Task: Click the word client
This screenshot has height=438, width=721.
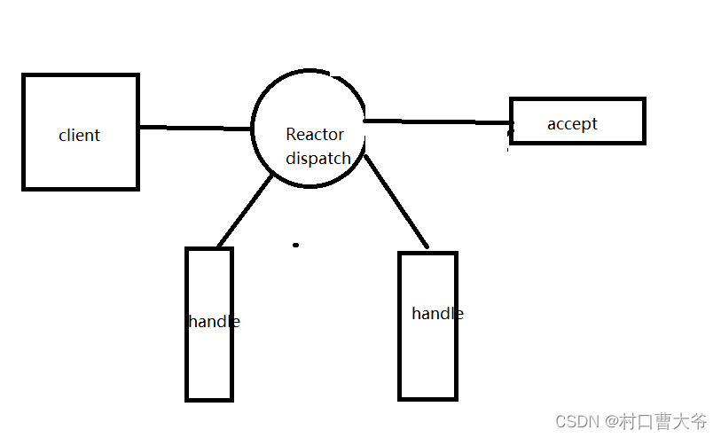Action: click(x=79, y=136)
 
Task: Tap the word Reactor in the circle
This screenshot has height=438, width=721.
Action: click(x=314, y=135)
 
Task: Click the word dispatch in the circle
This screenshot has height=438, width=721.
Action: click(x=317, y=159)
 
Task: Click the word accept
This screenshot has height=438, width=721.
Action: click(x=572, y=124)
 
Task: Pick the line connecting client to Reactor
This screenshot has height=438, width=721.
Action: click(x=195, y=129)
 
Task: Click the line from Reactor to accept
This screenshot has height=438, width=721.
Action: click(x=435, y=121)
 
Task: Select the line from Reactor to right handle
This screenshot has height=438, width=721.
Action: click(x=396, y=202)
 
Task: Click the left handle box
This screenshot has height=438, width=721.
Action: click(x=209, y=372)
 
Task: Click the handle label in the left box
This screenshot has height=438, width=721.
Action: click(x=214, y=322)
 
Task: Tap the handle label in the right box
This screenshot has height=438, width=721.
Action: click(x=437, y=314)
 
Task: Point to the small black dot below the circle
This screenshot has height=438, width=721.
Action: click(x=296, y=245)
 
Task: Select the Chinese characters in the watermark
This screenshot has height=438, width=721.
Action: click(x=664, y=421)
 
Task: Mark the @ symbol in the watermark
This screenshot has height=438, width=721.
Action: click(x=612, y=421)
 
